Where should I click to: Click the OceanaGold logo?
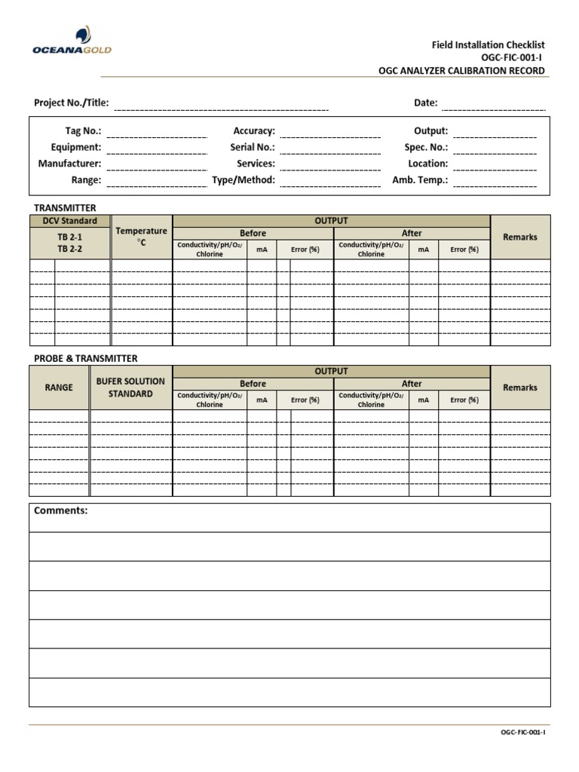pos(72,41)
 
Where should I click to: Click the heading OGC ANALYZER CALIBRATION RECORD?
pos(461,71)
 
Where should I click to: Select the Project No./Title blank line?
pos(221,109)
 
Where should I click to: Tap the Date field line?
pos(493,109)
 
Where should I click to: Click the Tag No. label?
pos(83,131)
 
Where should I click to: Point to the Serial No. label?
pos(253,148)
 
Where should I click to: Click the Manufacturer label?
pos(69,164)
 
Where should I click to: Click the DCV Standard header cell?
pos(69,221)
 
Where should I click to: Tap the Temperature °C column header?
pos(141,237)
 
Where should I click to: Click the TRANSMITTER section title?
pos(65,207)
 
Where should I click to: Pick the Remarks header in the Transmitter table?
pos(520,237)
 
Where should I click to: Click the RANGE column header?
pos(59,388)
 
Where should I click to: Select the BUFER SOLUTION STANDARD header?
pos(130,388)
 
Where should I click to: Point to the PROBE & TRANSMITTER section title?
pos(85,358)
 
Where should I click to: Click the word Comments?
pos(61,511)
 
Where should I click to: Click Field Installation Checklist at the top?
pos(488,45)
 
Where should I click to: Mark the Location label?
pos(427,164)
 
